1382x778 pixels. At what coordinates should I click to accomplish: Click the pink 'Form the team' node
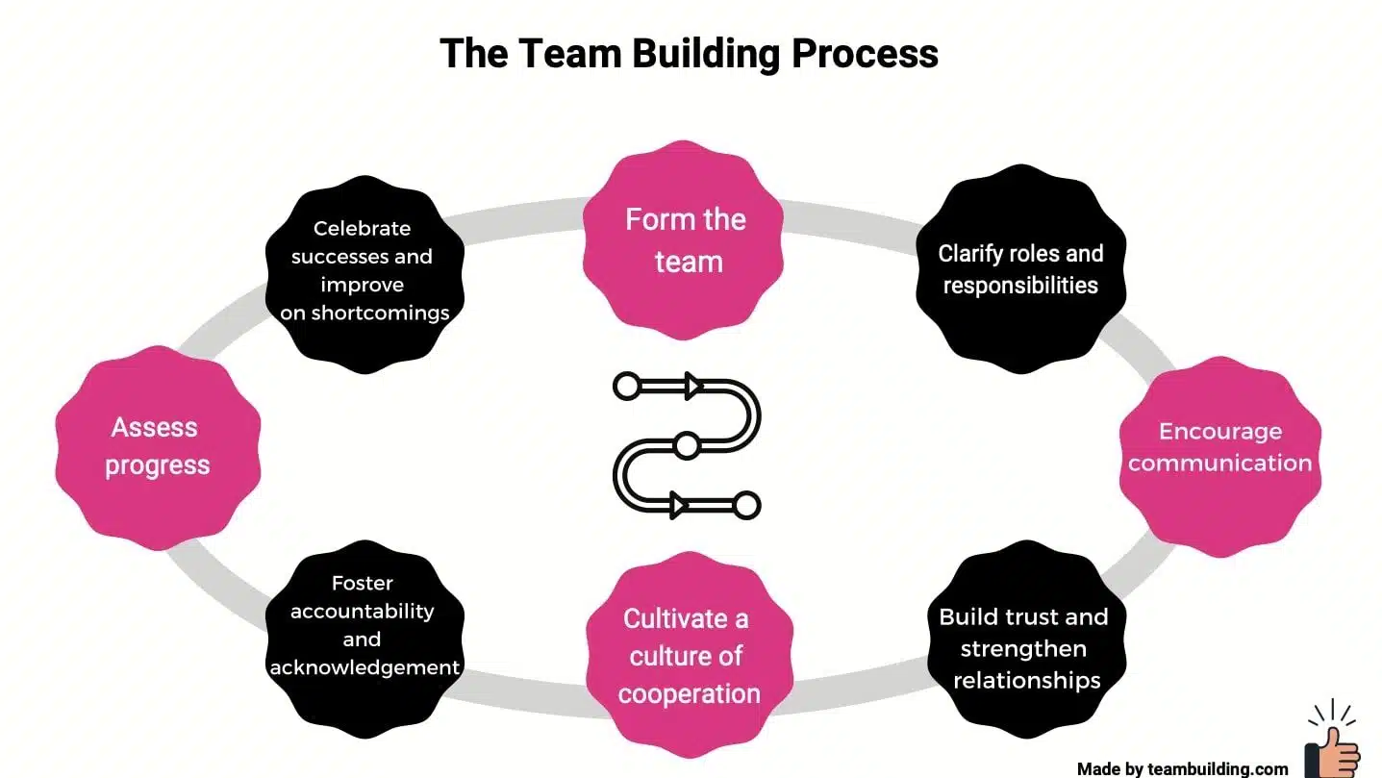685,240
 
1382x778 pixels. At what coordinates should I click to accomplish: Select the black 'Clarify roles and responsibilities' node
1020,269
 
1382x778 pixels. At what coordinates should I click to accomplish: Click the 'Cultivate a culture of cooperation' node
689,655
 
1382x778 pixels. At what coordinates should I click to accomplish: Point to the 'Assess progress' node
158,446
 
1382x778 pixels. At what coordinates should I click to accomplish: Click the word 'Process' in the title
865,53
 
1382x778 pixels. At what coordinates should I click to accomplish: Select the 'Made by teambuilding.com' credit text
1182,768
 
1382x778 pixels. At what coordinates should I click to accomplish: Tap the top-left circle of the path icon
626,387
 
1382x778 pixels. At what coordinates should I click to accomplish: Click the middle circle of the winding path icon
686,446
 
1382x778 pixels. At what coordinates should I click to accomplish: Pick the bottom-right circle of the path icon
746,505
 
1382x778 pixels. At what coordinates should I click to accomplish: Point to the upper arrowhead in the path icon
693,387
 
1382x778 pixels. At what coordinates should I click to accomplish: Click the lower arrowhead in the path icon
679,505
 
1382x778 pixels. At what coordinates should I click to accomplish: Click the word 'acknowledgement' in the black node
364,667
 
